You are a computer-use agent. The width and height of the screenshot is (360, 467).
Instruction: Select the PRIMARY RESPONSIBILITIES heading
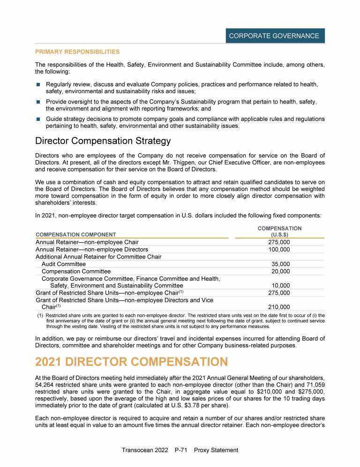tap(77, 52)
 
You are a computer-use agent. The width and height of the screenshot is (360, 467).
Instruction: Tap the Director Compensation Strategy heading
tap(103, 141)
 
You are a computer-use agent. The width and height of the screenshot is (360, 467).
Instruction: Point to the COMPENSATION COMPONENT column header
tap(76, 234)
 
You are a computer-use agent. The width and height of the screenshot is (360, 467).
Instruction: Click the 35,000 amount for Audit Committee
tap(281, 264)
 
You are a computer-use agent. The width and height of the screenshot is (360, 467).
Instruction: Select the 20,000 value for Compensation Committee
tap(281, 271)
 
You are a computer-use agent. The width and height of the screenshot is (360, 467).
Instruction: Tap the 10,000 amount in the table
tap(281, 285)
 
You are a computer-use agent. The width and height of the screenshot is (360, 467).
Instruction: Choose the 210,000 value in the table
tap(279, 307)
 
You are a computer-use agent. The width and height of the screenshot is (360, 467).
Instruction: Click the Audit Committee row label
tap(64, 264)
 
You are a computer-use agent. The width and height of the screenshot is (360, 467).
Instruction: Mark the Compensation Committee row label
tap(76, 271)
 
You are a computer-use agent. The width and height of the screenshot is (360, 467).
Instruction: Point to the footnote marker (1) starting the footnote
tap(40, 316)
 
